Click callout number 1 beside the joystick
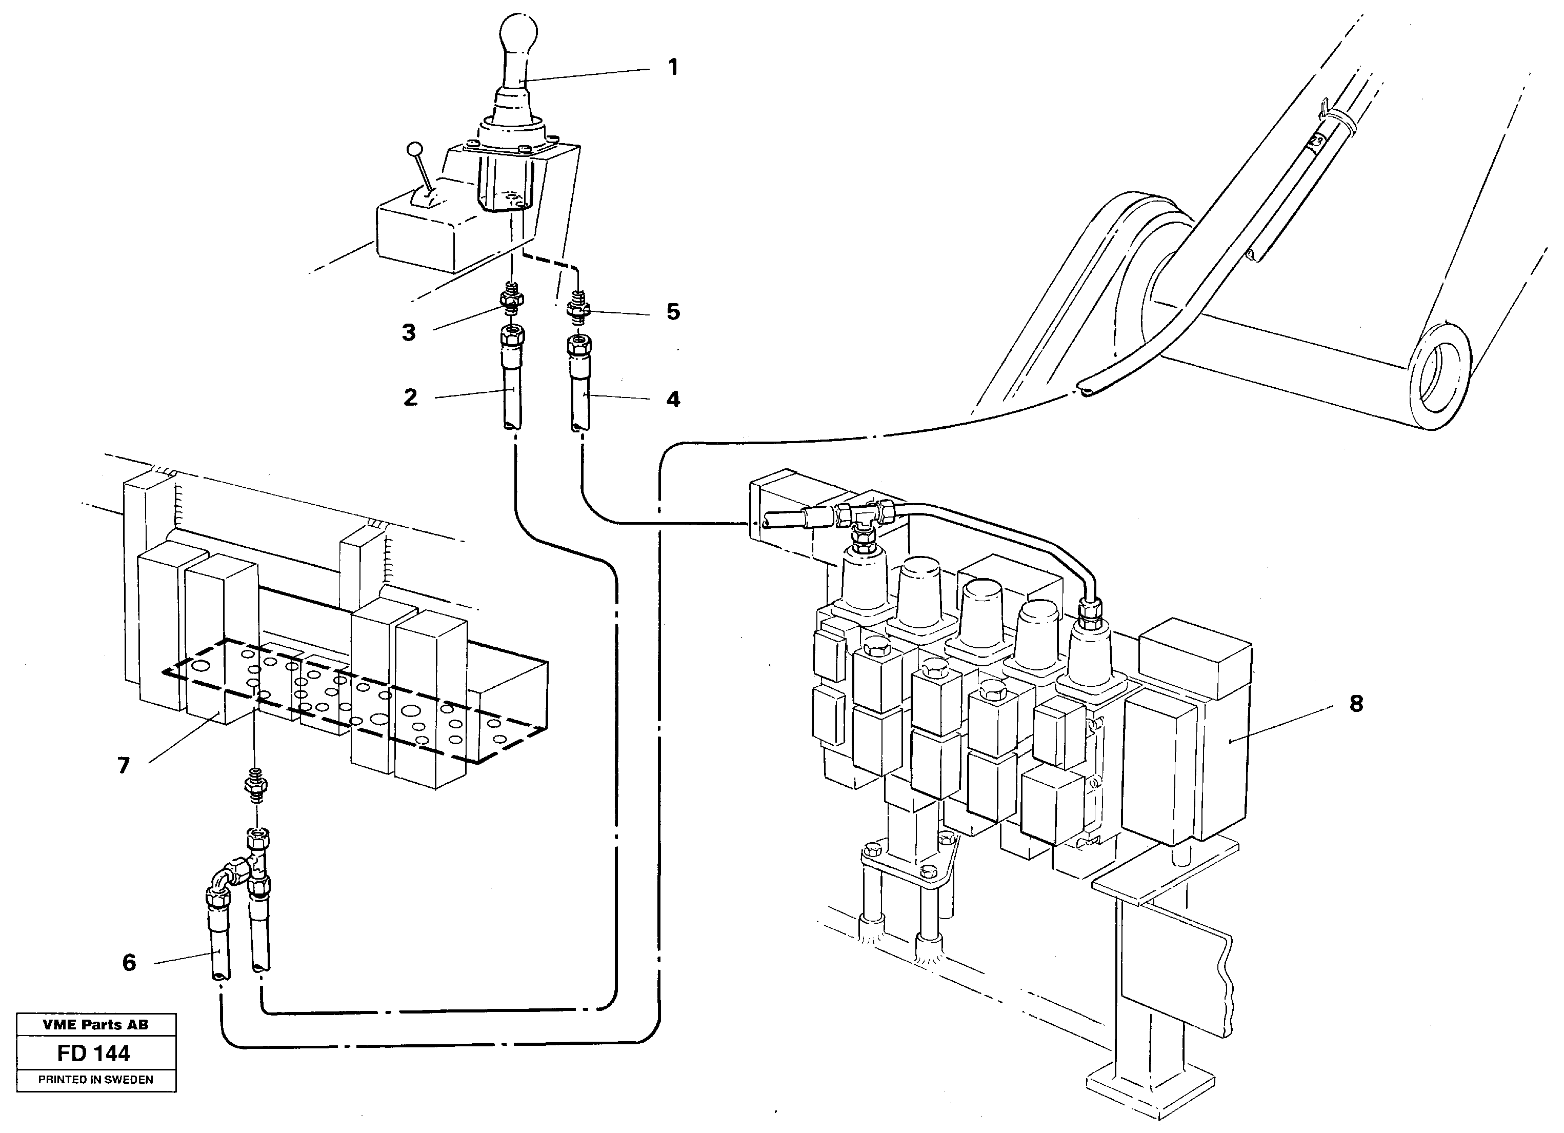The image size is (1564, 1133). [673, 68]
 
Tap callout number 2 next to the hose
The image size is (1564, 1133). [410, 398]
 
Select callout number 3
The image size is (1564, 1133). [409, 333]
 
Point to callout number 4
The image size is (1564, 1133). [673, 399]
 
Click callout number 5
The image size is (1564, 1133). [673, 312]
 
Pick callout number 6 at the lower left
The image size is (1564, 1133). [129, 963]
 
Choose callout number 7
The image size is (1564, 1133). [124, 765]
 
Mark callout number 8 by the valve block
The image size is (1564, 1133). [1356, 704]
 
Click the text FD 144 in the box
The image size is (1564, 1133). [94, 1054]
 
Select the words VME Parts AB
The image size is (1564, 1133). [95, 1025]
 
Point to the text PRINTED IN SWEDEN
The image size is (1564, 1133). [95, 1080]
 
